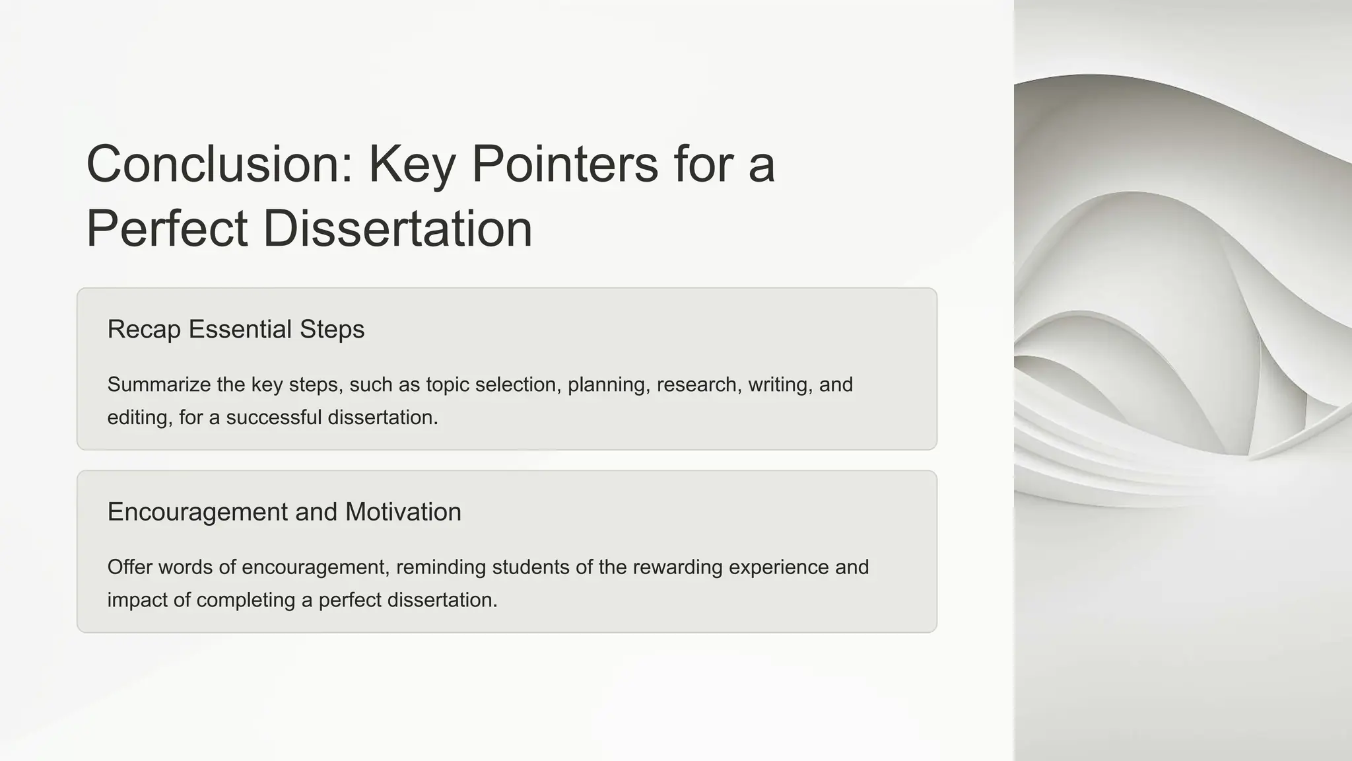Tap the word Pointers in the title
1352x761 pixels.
[x=564, y=164]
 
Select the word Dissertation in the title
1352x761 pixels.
[x=397, y=229]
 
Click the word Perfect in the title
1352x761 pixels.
[x=167, y=229]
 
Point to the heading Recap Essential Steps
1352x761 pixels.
[x=236, y=329]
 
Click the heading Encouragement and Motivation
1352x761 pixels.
[x=284, y=512]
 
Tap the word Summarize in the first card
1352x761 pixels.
[x=158, y=384]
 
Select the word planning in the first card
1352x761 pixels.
[x=606, y=384]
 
